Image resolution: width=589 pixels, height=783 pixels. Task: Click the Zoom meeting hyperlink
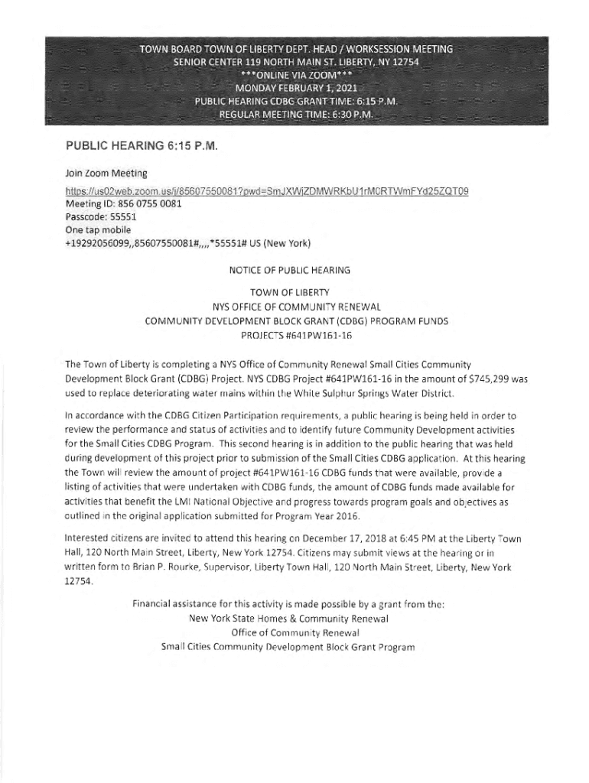tap(267, 191)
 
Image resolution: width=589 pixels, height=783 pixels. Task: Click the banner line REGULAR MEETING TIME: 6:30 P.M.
tap(296, 114)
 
